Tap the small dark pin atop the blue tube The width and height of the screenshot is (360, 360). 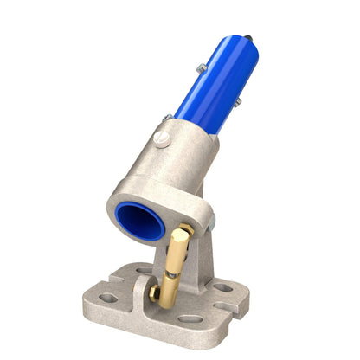(248, 38)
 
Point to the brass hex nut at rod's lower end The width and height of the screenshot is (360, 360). (156, 293)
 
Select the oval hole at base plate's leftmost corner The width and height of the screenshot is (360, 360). (108, 298)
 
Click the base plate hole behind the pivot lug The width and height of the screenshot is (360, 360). (144, 271)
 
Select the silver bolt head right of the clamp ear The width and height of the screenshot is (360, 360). (210, 225)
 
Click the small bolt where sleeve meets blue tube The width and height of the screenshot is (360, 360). (167, 116)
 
